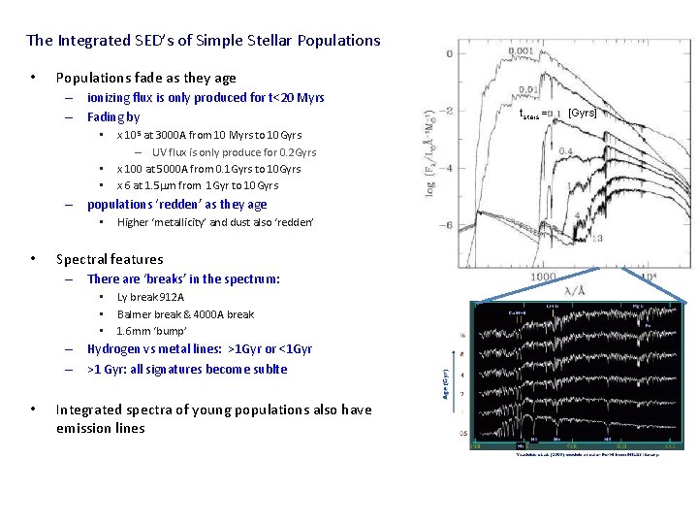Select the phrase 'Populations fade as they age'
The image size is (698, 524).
(x=145, y=78)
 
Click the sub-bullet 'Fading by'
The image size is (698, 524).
(x=113, y=117)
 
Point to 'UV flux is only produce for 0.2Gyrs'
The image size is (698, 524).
(x=234, y=152)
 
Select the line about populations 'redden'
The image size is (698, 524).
(x=176, y=205)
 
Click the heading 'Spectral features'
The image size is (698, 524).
(x=110, y=259)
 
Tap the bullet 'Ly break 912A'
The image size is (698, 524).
(x=150, y=298)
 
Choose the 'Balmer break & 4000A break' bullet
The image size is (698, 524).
(x=185, y=314)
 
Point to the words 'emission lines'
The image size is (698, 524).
(x=100, y=428)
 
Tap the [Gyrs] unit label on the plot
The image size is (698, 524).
(x=582, y=113)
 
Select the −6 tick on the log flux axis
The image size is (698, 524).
(x=448, y=225)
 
